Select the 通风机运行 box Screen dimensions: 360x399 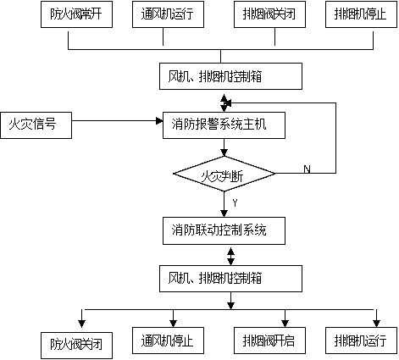coord(166,14)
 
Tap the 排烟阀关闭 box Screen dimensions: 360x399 coord(269,14)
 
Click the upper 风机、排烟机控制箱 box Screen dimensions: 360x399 coord(229,76)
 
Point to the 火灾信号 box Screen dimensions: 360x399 coord(36,125)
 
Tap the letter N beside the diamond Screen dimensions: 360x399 coord(306,169)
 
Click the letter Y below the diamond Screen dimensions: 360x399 coord(233,202)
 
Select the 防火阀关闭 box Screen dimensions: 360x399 coord(76,344)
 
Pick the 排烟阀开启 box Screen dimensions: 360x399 coord(269,341)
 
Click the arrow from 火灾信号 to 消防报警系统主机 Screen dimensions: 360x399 coord(119,126)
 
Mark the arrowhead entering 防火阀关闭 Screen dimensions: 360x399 coord(81,321)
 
